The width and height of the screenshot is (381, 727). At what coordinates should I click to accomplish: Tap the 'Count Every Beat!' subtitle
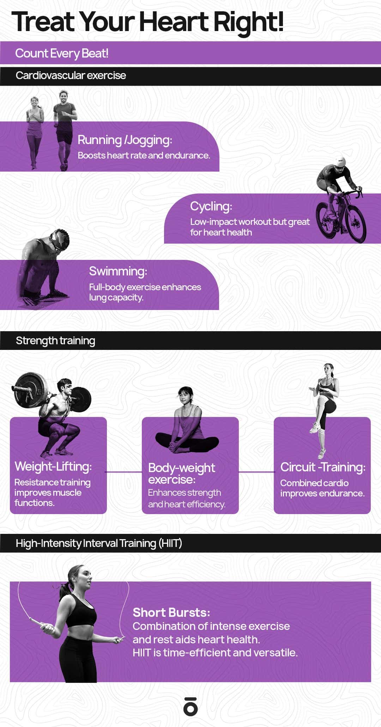(x=62, y=53)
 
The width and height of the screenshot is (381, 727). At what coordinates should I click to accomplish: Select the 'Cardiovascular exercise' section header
(x=71, y=75)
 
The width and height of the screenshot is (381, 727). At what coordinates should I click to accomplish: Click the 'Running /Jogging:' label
(x=125, y=140)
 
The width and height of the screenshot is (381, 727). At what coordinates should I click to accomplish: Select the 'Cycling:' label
(x=211, y=206)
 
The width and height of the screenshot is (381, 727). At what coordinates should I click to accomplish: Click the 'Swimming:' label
(x=118, y=271)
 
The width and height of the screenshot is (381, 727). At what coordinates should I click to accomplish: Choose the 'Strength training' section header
(x=55, y=341)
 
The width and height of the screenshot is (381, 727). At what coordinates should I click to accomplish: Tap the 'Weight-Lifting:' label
(x=53, y=466)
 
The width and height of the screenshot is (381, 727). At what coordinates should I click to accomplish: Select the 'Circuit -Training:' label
(x=323, y=467)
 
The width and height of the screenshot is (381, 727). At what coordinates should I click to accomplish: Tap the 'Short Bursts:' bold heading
(x=171, y=613)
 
